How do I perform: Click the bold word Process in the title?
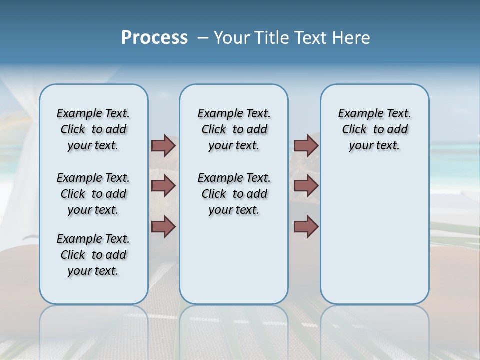[x=154, y=38]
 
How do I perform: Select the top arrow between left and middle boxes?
[x=163, y=146]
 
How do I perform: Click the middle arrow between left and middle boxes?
[x=163, y=186]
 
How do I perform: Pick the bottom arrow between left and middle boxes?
[x=163, y=227]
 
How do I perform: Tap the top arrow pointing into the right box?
[x=306, y=146]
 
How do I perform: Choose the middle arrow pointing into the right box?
[x=306, y=186]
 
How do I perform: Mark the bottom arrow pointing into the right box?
[x=306, y=227]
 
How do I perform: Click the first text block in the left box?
[x=93, y=129]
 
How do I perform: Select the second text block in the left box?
[x=93, y=194]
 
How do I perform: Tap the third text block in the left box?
[x=93, y=255]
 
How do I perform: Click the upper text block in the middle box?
[x=234, y=129]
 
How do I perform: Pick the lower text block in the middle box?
[x=234, y=194]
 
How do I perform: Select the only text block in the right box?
[x=374, y=129]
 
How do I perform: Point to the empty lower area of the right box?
[x=374, y=235]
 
